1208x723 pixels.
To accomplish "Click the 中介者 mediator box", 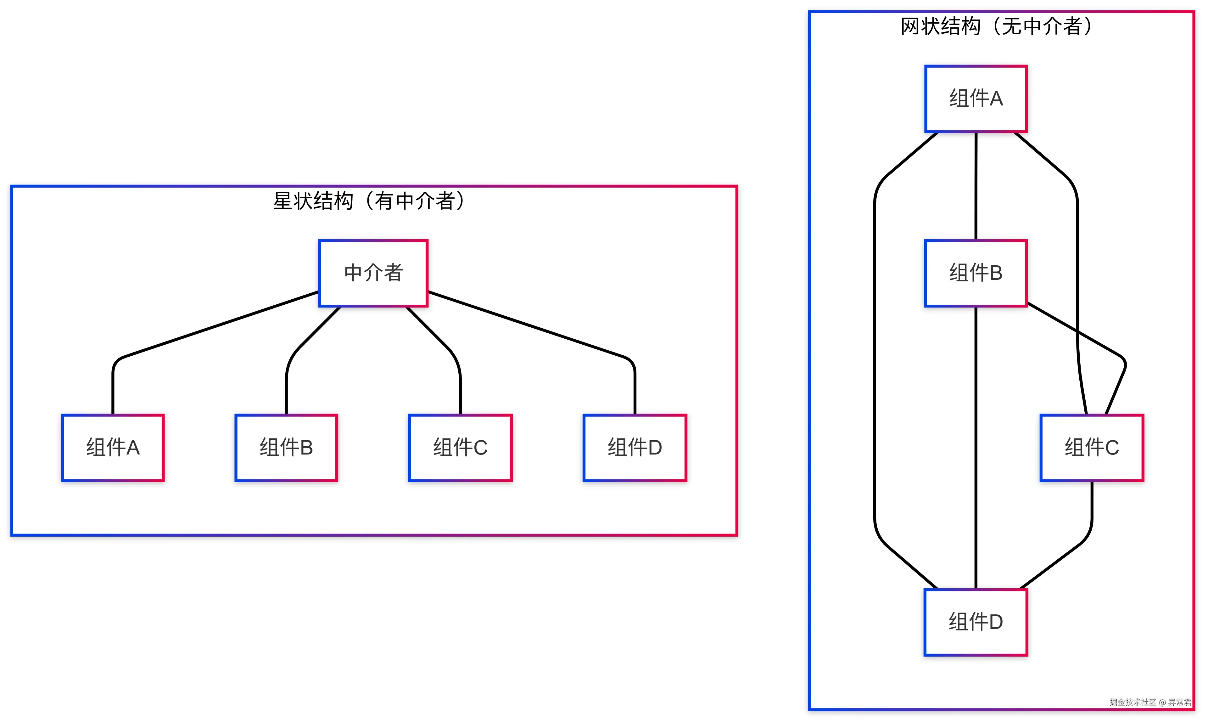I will [373, 273].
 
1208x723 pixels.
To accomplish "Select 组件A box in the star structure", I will [113, 448].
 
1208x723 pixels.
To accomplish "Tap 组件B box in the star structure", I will [286, 448].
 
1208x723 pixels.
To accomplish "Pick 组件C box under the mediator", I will [460, 448].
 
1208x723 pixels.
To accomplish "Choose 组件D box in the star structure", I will [635, 448].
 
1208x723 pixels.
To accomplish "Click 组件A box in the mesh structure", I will [976, 99].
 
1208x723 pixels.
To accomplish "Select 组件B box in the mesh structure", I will [976, 273].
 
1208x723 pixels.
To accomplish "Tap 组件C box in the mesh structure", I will [1092, 448].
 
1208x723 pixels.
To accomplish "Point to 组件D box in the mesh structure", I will [976, 622].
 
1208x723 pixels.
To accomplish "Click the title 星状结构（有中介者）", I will [369, 201].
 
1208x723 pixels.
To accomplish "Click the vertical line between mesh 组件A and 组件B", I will [976, 185].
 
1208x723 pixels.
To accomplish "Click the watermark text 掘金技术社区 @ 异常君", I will [1150, 702].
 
